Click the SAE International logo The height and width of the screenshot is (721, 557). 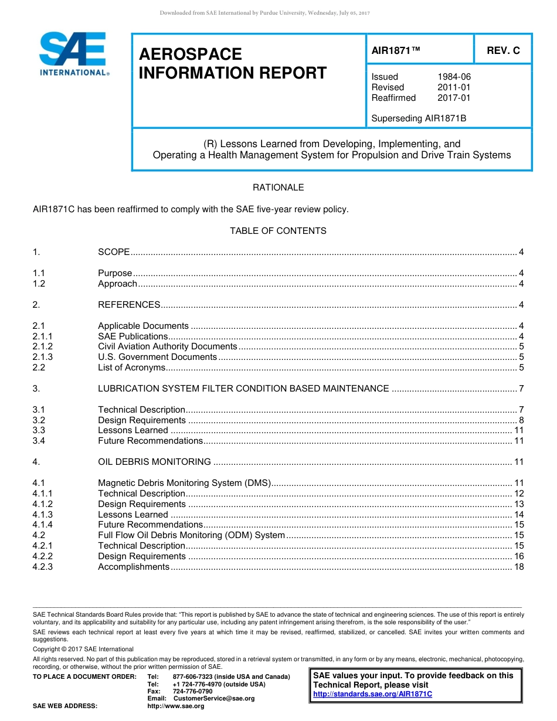click(73, 54)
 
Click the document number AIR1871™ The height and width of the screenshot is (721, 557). click(396, 50)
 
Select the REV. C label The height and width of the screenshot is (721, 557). click(503, 50)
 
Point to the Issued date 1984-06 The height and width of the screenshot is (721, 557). click(454, 77)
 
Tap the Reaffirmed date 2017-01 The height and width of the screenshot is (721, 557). click(454, 98)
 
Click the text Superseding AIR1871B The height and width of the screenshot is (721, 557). click(419, 118)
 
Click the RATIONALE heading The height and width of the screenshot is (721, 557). click(278, 188)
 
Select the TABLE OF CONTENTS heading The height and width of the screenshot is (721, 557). click(278, 231)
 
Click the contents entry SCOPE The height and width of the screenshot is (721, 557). click(114, 252)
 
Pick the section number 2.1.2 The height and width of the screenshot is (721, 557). click(43, 346)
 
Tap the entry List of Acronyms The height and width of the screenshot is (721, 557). click(131, 368)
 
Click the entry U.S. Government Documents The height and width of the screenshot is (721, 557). click(157, 357)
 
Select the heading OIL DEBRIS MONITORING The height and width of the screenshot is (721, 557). click(154, 462)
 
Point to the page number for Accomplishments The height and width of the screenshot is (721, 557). click(518, 567)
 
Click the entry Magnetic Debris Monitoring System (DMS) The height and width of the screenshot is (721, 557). click(184, 483)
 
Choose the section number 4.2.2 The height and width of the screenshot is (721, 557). click(43, 556)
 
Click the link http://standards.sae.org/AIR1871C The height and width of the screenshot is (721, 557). click(372, 694)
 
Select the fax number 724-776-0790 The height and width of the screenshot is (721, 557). click(192, 692)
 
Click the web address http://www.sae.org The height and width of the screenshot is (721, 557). click(175, 706)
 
